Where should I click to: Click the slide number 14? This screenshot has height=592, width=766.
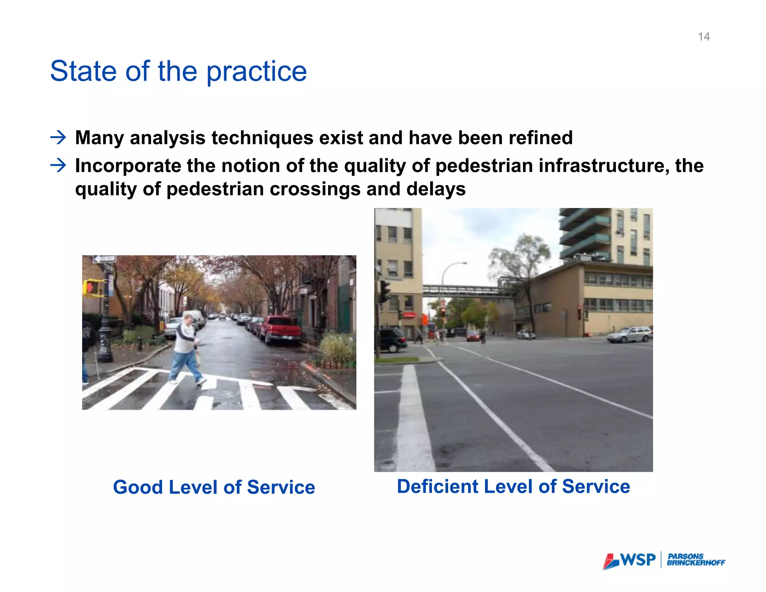coord(704,37)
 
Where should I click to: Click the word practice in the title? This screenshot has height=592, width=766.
coord(257,71)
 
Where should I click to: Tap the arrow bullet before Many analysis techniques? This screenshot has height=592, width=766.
coord(58,138)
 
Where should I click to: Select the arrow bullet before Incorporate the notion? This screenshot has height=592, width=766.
coord(58,165)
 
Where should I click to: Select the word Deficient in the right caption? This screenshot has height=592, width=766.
coord(437,486)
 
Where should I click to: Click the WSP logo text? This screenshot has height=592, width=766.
coord(638,560)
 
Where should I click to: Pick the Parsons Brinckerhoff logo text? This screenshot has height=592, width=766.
coord(696,560)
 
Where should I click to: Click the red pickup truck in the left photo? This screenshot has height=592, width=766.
coord(281,329)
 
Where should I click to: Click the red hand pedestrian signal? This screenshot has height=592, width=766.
coord(91,287)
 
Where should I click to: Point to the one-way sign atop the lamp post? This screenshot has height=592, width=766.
coord(104,259)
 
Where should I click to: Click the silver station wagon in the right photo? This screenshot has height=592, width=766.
coord(629,334)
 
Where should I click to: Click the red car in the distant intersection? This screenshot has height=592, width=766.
coord(473,336)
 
